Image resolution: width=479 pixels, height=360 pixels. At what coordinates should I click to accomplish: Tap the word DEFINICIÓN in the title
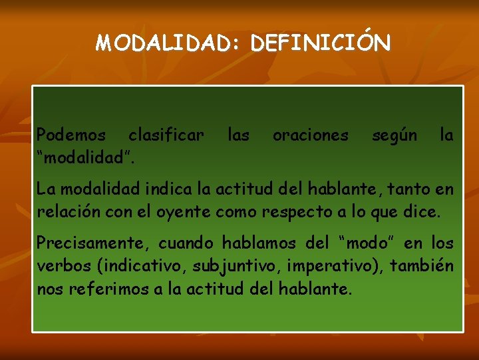[x=322, y=43]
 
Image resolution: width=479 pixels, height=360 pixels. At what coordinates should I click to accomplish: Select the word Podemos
[x=71, y=135]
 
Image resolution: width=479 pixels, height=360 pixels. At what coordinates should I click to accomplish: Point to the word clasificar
[x=166, y=135]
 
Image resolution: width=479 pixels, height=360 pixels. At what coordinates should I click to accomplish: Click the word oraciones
[x=310, y=135]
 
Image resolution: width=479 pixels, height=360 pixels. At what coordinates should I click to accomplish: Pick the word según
[x=395, y=135]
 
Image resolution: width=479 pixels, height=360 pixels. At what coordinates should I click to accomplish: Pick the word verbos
[x=65, y=267]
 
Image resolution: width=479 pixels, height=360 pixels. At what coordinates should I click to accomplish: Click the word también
[x=422, y=267]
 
